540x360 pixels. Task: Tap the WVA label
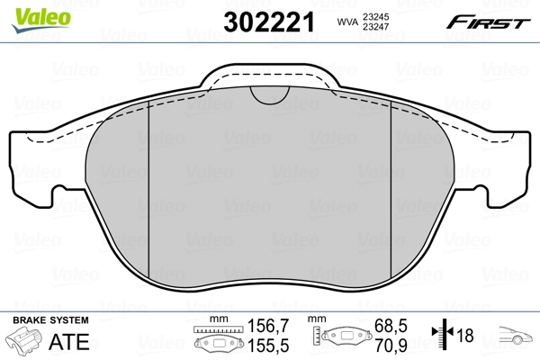[x=346, y=22]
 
